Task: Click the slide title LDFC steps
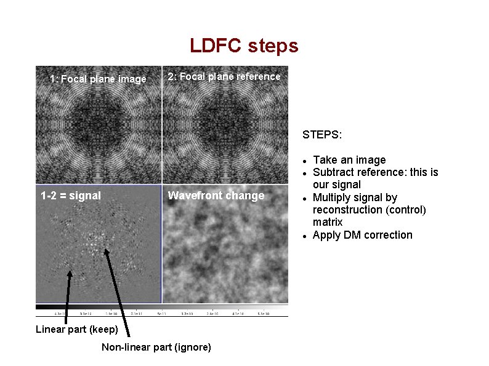244,46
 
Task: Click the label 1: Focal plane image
99,79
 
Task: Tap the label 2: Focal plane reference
224,76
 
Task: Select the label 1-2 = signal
71,196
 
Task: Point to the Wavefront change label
216,196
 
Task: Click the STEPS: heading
322,134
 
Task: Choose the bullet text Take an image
349,160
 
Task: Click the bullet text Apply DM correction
362,235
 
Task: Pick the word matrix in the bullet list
328,222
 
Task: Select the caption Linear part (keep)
77,329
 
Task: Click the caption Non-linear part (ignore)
156,348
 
